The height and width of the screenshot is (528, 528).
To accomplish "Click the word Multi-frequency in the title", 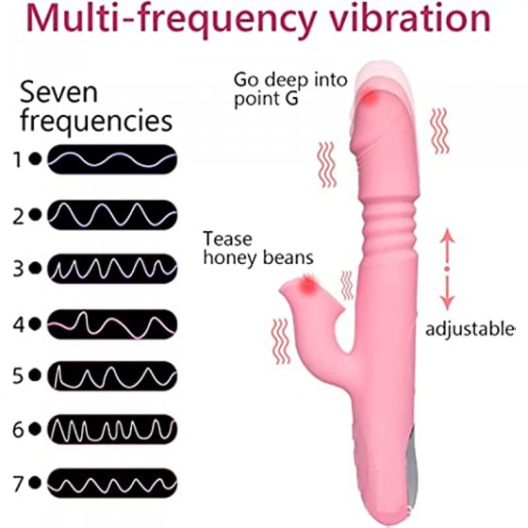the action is [171, 20].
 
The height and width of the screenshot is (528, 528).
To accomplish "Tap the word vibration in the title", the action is [409, 18].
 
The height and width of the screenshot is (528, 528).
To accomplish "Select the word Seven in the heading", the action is [58, 92].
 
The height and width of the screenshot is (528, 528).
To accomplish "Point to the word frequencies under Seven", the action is [96, 121].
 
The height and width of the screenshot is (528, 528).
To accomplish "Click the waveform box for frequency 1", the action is [112, 159].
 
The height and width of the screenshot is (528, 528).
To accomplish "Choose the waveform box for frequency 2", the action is [112, 215].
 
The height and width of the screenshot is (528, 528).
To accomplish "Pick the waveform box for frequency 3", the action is [112, 269].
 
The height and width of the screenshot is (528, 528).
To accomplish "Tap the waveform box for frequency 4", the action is [112, 324].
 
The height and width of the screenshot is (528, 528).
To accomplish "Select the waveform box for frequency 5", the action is [112, 376].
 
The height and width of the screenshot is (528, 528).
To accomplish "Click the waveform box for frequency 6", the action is [112, 429].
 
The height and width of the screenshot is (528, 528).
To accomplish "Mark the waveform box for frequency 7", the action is [112, 483].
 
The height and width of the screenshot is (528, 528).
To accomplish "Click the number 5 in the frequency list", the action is [18, 376].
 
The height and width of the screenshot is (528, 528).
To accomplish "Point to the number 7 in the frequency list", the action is [18, 484].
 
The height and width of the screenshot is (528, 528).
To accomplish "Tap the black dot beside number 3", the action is [35, 269].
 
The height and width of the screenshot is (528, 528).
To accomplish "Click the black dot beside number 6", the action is [35, 429].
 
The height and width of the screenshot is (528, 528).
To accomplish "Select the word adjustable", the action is [470, 329].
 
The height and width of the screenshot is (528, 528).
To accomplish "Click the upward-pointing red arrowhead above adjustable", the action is [447, 236].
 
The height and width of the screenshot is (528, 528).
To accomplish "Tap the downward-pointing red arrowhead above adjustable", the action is [447, 303].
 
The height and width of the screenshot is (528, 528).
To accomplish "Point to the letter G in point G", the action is [290, 98].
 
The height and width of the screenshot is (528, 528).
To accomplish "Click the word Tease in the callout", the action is [227, 239].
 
